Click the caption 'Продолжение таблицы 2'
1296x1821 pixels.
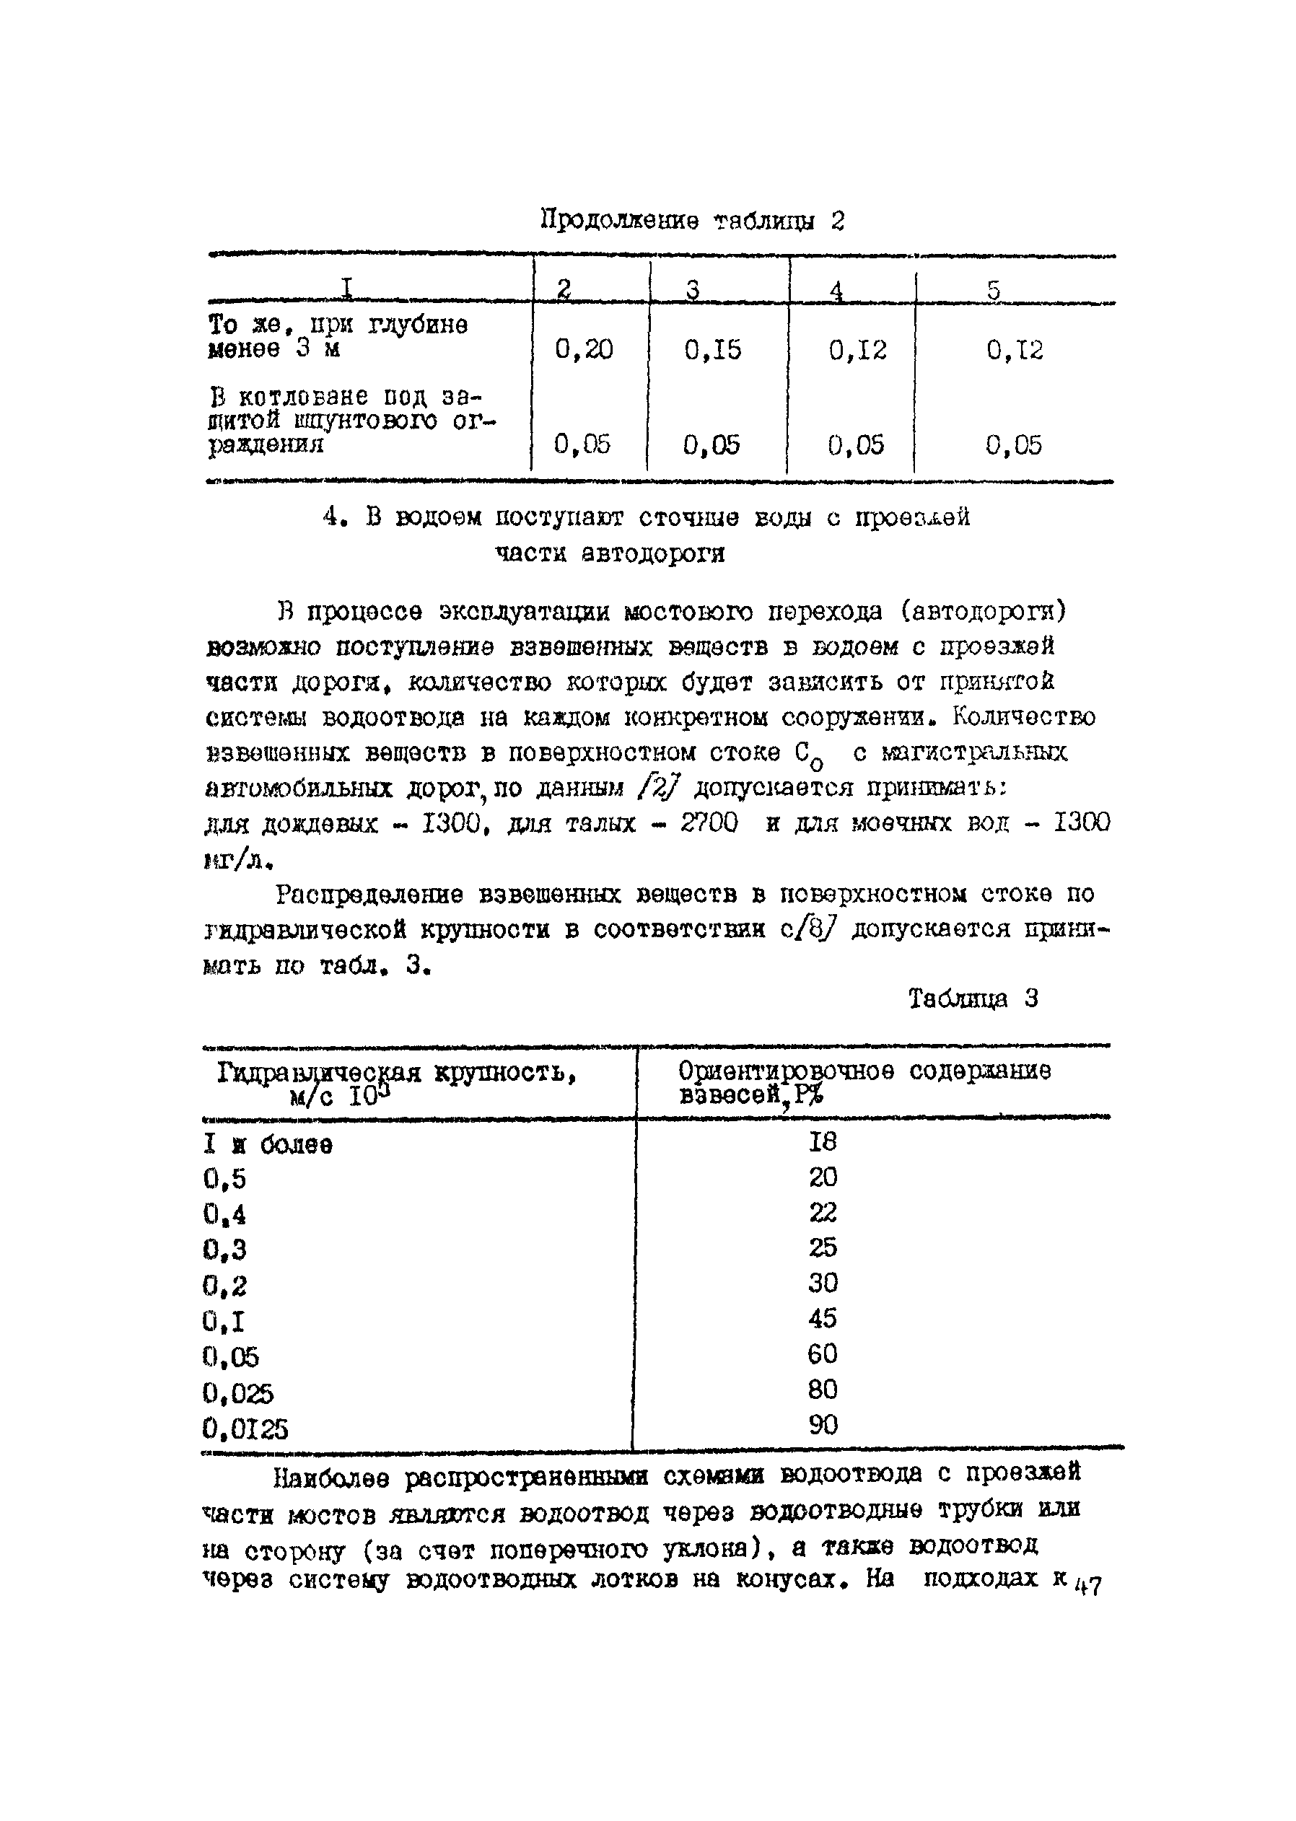click(x=693, y=219)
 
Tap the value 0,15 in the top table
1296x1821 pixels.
click(x=713, y=349)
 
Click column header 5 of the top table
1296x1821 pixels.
click(x=994, y=291)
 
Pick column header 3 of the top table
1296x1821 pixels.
click(x=693, y=291)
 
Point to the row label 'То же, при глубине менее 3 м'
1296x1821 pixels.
click(x=338, y=337)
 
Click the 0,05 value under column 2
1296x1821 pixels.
click(x=582, y=444)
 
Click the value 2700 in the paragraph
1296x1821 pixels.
click(x=709, y=822)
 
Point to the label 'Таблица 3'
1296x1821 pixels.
click(x=973, y=999)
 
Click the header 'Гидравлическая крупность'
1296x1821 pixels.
click(x=397, y=1074)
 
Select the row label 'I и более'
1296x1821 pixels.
click(x=268, y=1144)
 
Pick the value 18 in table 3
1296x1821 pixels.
click(x=822, y=1142)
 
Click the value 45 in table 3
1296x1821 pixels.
click(x=822, y=1317)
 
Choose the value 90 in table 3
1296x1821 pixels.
click(x=823, y=1424)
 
